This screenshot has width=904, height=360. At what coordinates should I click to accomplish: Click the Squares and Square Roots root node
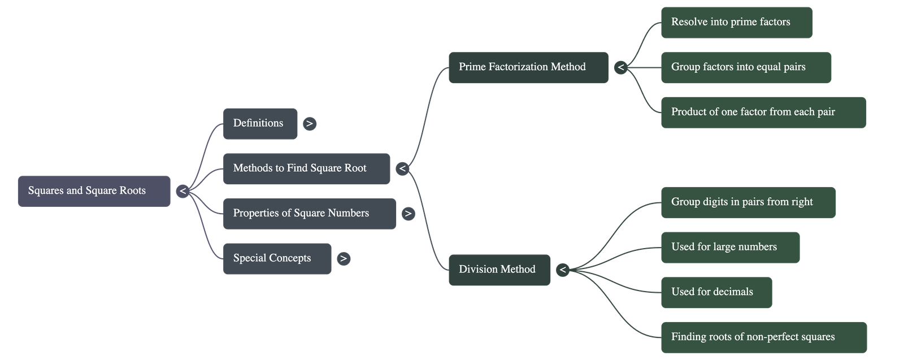(94, 191)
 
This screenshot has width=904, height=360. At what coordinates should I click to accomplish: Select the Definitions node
(260, 123)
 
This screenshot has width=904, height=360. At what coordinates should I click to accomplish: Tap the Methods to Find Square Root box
(306, 168)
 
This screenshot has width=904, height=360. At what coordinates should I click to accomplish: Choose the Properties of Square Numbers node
(309, 213)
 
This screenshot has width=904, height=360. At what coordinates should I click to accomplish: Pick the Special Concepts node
(277, 258)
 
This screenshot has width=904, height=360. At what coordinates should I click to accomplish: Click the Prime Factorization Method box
(528, 67)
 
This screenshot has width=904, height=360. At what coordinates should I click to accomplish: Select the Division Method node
(499, 270)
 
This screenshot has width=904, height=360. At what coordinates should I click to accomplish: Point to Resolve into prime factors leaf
(736, 23)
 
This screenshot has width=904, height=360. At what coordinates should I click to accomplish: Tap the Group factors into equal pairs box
(745, 67)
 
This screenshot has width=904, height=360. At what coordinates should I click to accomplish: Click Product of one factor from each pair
(763, 112)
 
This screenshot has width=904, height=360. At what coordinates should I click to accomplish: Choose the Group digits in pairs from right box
(747, 202)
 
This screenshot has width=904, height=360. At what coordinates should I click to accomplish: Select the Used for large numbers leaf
(730, 247)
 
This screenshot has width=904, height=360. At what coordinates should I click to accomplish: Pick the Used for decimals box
(716, 292)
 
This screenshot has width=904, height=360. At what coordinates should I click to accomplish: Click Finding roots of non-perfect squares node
(763, 337)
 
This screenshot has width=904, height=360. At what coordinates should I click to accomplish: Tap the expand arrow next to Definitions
(310, 123)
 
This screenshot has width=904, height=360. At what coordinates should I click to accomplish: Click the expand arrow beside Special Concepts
(343, 259)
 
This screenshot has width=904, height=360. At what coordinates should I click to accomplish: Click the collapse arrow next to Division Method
(562, 270)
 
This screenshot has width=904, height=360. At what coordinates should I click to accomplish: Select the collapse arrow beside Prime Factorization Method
(620, 68)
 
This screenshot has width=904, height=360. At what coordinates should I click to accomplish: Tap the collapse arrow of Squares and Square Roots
(182, 192)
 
